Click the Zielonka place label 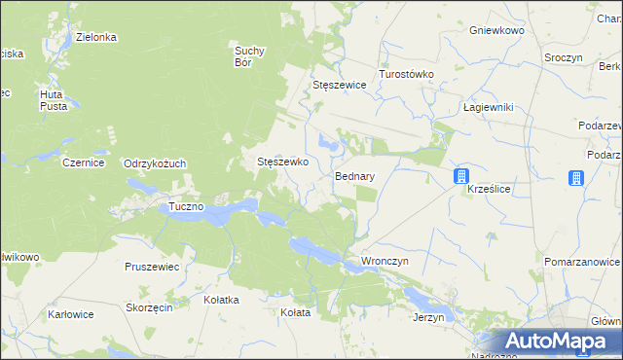coord(97,37)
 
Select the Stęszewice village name coord(339,85)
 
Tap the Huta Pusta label coord(52,99)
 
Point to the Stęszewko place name coord(282,162)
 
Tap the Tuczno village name coord(186,207)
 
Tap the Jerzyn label coord(428,317)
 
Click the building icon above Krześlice coord(461,176)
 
